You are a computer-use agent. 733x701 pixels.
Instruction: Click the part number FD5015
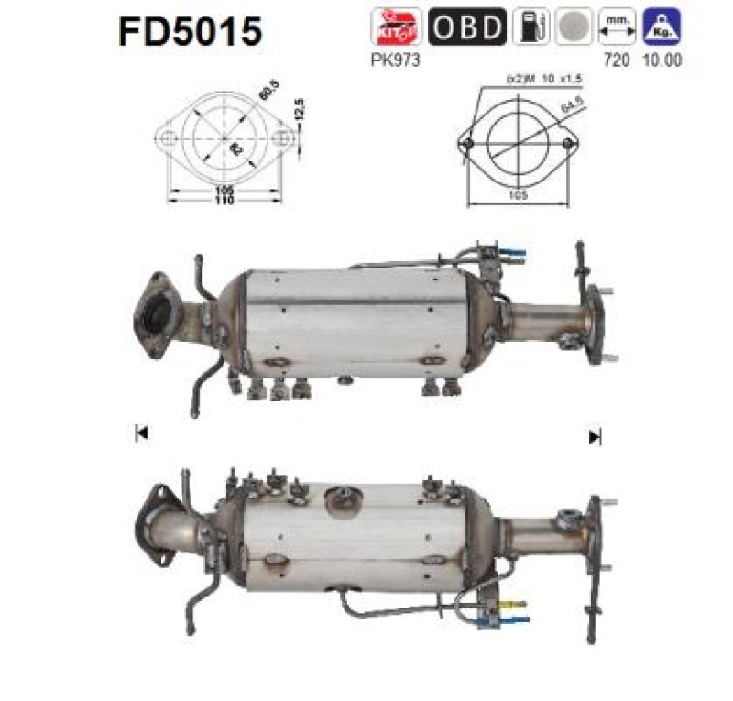pos(190,31)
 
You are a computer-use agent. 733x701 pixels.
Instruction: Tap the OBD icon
pos(467,26)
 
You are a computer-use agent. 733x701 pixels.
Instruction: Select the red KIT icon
pos(398,26)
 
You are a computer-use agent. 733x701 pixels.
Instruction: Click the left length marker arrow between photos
pos(141,434)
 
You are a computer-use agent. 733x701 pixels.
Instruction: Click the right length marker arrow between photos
pos(595,436)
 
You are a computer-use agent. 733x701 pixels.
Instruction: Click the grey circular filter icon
pos(573,26)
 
